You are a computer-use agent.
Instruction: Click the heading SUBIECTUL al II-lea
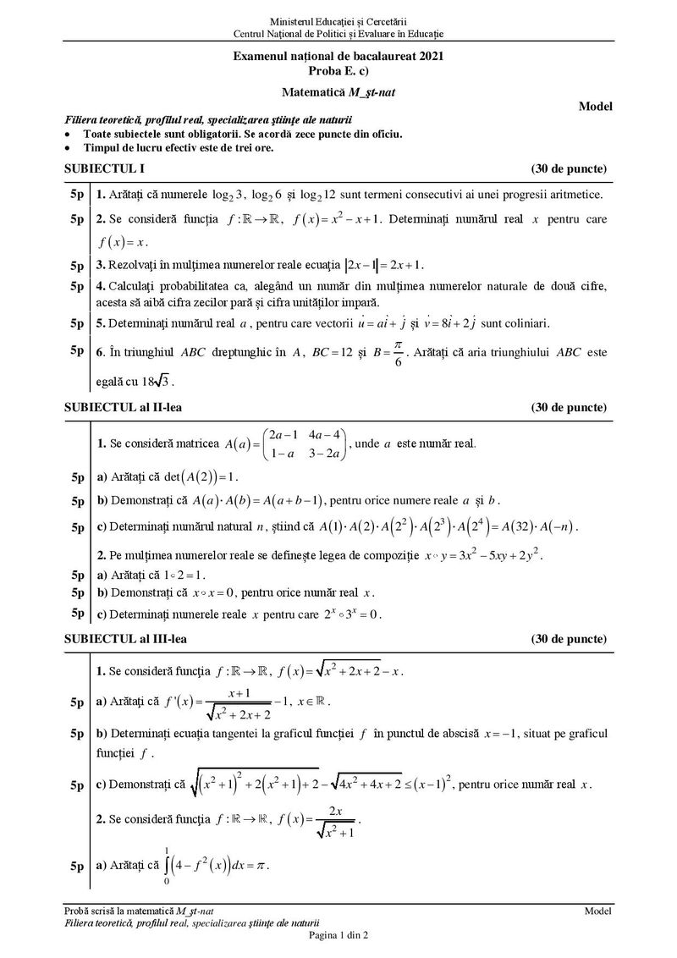[123, 407]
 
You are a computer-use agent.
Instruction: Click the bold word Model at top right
[596, 106]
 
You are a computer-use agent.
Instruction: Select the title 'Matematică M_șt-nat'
[338, 89]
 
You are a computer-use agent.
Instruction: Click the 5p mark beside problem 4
[76, 285]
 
